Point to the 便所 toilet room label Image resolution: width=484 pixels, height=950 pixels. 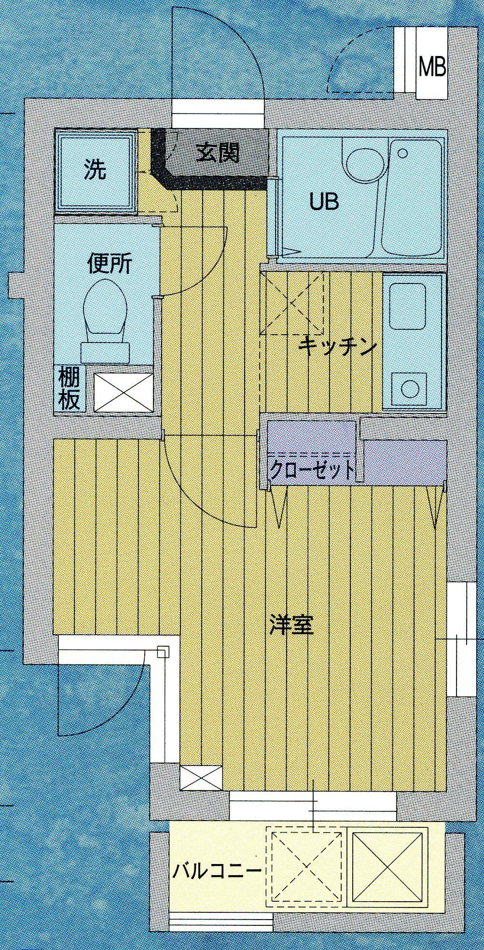tap(109, 264)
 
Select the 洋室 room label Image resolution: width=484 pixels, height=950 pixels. tap(291, 625)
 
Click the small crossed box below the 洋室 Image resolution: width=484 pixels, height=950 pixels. tap(201, 778)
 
